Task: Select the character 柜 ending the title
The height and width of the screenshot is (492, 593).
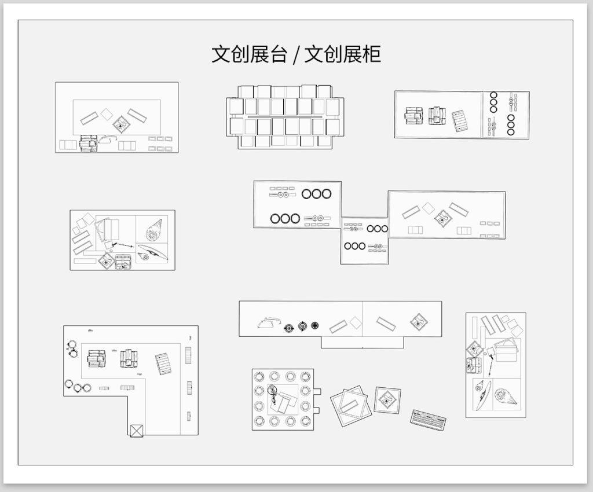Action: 371,55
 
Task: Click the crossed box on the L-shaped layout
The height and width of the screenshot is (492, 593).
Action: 136,430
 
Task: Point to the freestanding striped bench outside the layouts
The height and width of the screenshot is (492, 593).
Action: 429,420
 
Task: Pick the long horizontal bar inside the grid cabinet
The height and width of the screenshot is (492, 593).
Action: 284,117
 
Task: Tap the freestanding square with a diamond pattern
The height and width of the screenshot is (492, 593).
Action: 386,400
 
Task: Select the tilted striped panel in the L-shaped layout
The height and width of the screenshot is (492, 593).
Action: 164,364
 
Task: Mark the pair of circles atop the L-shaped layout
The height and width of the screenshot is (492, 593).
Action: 73,348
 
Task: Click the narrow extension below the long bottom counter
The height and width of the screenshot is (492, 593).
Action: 362,342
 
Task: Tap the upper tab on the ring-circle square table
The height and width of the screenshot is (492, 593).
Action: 316,391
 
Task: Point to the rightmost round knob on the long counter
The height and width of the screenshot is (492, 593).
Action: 315,326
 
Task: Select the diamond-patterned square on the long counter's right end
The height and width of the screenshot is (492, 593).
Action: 418,322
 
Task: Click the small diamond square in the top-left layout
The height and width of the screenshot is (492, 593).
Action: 106,114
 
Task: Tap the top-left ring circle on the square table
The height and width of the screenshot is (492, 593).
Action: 258,376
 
